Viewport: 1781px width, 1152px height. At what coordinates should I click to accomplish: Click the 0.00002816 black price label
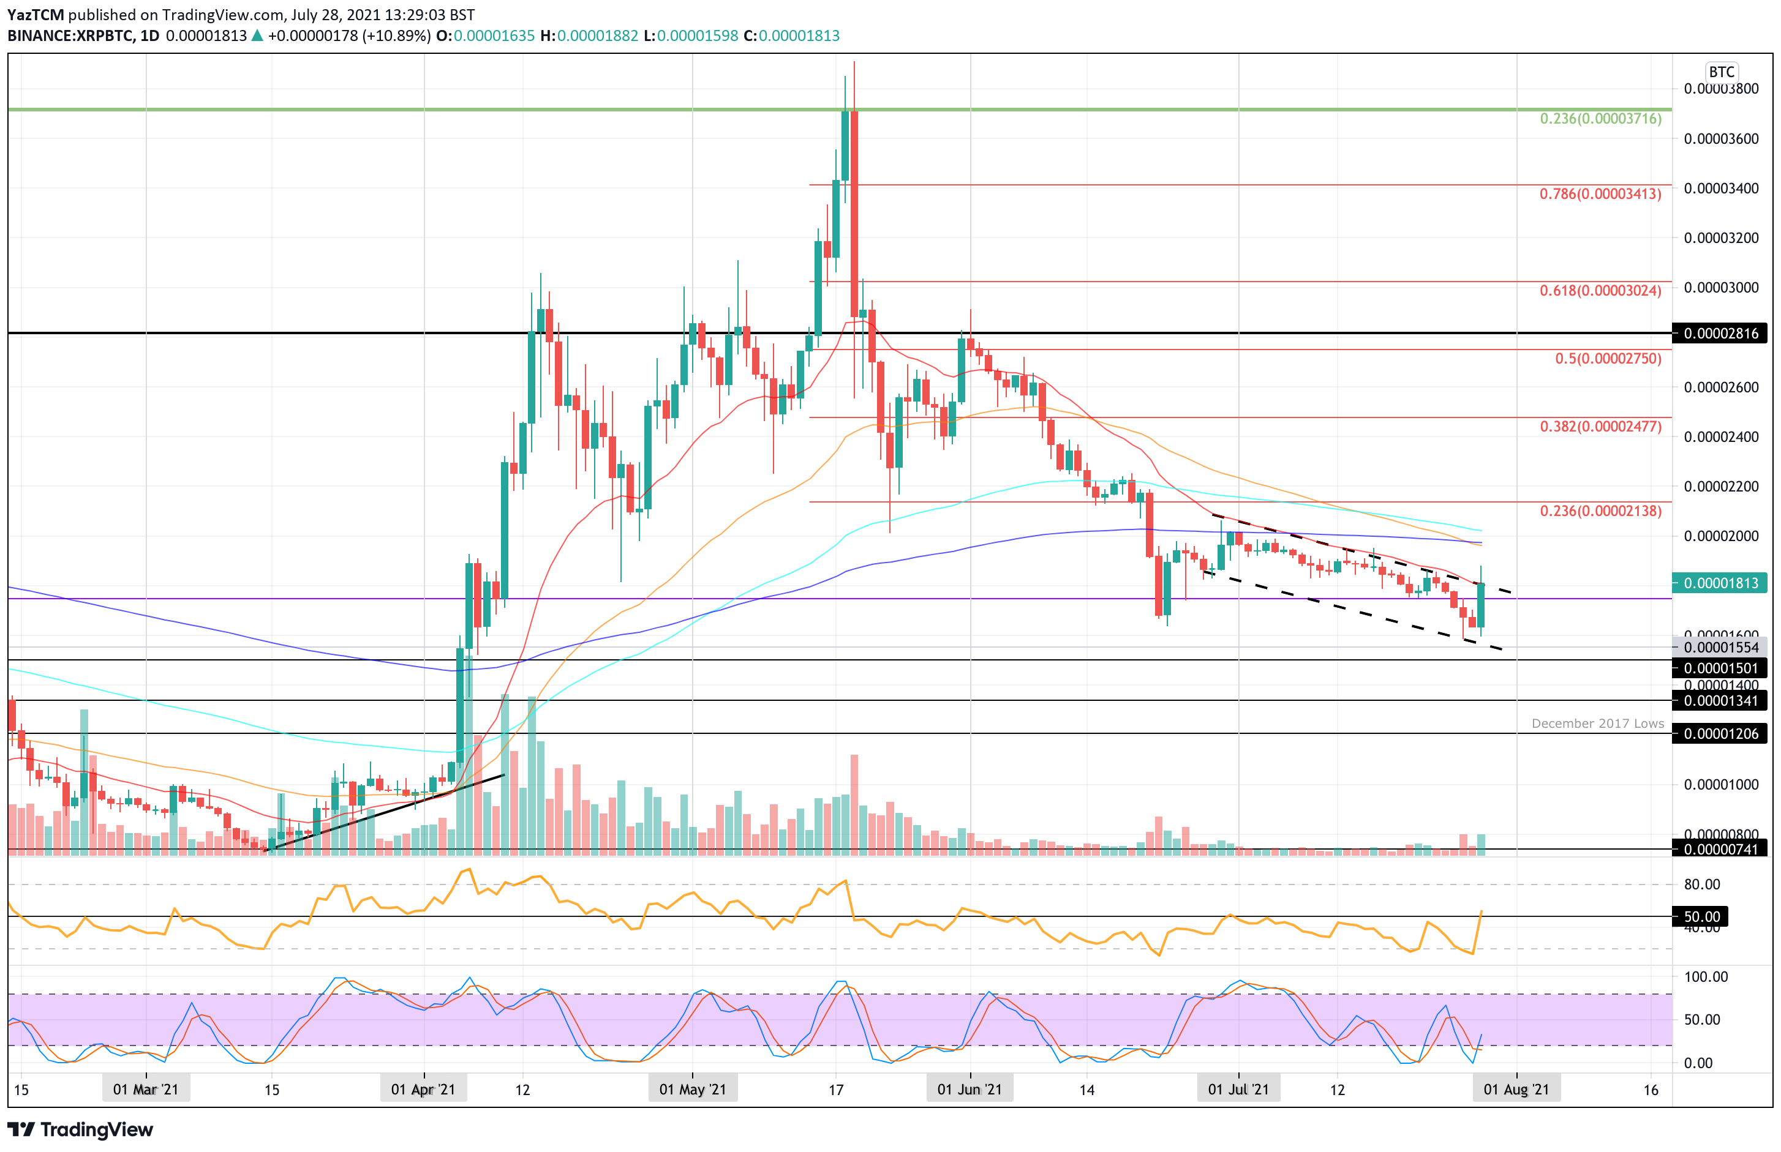coord(1720,334)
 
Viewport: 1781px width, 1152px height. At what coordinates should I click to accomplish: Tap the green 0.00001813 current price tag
coord(1720,583)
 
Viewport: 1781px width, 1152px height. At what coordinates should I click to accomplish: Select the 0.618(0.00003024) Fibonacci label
coord(1600,291)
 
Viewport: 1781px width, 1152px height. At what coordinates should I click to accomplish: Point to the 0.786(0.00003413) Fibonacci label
coord(1600,195)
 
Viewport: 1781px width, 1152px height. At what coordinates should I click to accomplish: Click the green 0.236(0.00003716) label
coord(1600,119)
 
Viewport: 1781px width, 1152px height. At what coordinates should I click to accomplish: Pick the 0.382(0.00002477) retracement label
coord(1600,427)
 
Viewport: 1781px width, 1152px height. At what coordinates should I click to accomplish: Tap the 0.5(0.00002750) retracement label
coord(1608,358)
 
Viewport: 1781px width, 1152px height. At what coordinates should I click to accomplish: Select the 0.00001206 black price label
coord(1720,734)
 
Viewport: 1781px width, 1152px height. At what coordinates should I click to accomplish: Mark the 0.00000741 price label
coord(1720,849)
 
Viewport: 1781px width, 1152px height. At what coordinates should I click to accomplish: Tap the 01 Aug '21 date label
coord(1516,1089)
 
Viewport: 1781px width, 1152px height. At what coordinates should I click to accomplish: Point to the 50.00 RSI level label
coord(1701,916)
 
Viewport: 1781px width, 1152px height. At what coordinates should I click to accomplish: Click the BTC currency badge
coord(1720,72)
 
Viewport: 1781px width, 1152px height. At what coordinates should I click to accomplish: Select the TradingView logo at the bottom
coord(80,1129)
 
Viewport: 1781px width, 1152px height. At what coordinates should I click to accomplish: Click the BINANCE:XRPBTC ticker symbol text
coord(70,36)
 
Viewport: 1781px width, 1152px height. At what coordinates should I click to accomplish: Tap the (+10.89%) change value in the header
coord(396,36)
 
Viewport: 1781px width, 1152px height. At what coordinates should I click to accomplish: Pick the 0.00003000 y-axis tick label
coord(1720,288)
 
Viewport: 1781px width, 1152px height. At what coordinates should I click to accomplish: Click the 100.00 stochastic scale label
coord(1706,977)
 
